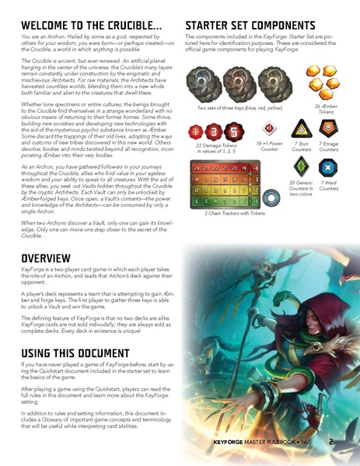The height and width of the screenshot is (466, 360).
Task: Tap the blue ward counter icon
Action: coord(330,169)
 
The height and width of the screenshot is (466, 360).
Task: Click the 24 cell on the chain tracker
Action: coord(196,167)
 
